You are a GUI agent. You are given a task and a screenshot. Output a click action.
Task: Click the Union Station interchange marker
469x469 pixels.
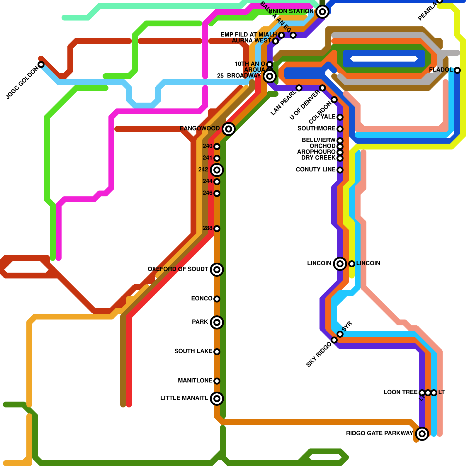click(322, 12)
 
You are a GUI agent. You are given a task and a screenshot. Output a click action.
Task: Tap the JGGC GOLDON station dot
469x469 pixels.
click(41, 64)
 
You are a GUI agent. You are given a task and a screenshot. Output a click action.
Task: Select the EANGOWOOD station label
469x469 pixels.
click(200, 128)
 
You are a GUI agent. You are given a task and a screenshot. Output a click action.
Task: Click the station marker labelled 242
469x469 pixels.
click(217, 170)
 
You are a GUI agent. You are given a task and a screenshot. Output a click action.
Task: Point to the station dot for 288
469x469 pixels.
click(217, 229)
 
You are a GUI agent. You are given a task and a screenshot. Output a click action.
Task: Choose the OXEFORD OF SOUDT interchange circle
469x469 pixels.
click(217, 270)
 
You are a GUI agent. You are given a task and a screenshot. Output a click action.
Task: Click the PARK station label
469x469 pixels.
click(200, 322)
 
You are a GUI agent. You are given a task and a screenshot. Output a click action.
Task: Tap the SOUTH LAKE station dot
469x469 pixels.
click(217, 352)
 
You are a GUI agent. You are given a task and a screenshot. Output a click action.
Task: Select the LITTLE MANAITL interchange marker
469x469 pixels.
click(217, 399)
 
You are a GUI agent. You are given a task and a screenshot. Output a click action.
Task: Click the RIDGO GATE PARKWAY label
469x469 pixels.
click(380, 433)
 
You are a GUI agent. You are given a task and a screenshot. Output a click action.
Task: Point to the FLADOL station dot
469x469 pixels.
click(457, 70)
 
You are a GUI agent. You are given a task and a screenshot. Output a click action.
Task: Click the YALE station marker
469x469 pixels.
click(340, 117)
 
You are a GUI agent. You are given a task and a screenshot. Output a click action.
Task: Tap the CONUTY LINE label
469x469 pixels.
click(316, 169)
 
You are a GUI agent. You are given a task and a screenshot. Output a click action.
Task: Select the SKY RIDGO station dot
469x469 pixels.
click(334, 340)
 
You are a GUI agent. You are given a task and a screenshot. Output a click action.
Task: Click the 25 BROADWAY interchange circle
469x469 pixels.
click(270, 76)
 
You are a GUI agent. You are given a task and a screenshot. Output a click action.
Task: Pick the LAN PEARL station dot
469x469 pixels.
click(299, 88)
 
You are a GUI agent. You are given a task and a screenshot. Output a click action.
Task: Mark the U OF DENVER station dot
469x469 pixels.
click(322, 88)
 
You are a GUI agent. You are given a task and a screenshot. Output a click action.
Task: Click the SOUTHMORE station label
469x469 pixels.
click(317, 128)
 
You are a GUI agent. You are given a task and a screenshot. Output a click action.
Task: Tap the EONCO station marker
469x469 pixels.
click(217, 299)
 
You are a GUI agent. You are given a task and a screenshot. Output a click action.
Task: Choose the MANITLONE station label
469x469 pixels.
click(195, 380)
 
